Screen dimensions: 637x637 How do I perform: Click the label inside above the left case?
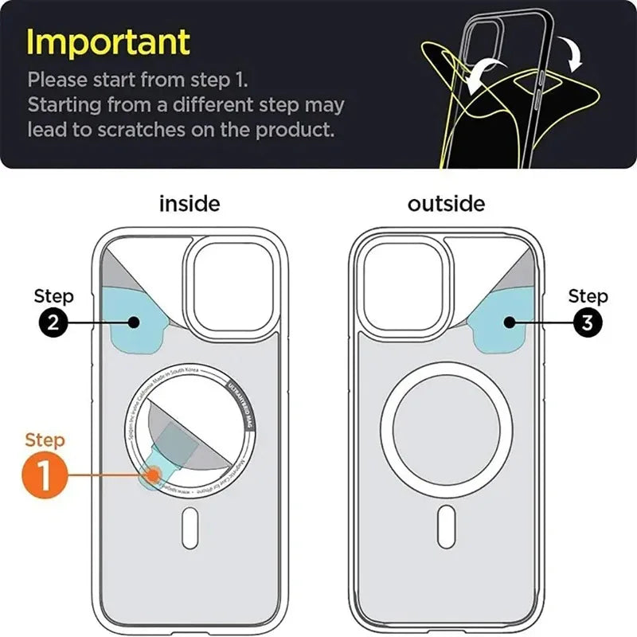coord(190,203)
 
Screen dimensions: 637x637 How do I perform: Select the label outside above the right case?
coord(446,203)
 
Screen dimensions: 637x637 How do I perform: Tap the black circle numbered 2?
coord(54,323)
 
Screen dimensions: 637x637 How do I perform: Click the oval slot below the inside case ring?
coord(190,526)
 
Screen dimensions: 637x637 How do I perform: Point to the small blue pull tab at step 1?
coord(152,476)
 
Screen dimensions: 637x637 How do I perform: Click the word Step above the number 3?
coord(588,297)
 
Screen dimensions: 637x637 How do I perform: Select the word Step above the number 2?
coord(54,297)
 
